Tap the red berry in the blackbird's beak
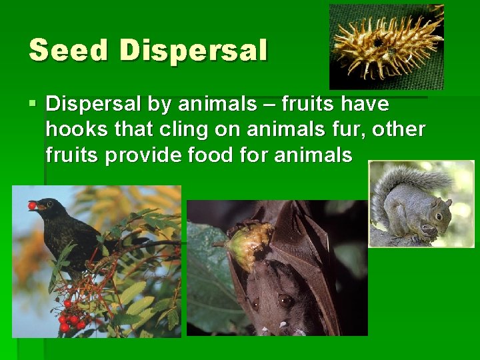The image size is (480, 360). [31, 205]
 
